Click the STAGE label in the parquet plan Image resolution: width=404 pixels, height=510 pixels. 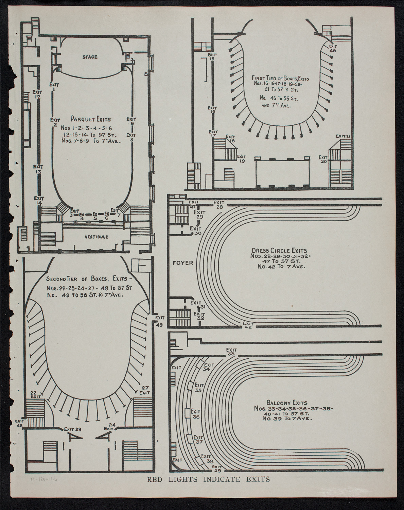[x=90, y=57]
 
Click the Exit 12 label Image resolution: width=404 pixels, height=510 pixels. [x=37, y=94]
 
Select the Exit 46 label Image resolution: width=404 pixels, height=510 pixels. [x=333, y=48]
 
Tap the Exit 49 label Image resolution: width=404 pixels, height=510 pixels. [x=159, y=321]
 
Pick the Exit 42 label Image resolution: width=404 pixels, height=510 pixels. [x=248, y=325]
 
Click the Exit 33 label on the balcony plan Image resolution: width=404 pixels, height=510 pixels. [x=232, y=352]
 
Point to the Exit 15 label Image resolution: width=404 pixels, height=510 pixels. [x=212, y=56]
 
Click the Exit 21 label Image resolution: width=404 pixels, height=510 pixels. [x=343, y=136]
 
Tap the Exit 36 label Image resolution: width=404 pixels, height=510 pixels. [x=196, y=414]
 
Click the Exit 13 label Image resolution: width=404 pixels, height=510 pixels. [x=38, y=169]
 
